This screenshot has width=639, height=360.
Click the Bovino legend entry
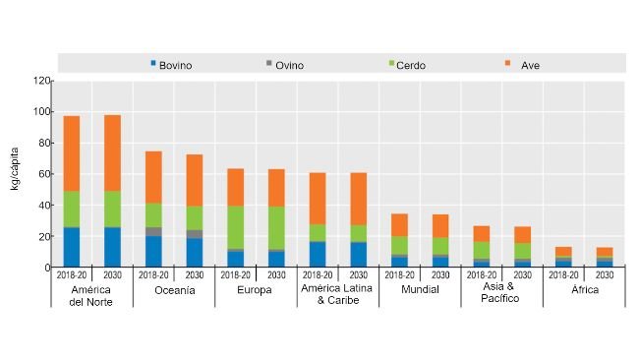[171, 65]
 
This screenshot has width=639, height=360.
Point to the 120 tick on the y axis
[39, 81]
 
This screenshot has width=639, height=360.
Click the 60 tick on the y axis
[42, 174]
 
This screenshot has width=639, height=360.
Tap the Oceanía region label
[174, 291]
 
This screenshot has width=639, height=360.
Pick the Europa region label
[256, 291]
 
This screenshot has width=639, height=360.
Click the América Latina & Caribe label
[337, 296]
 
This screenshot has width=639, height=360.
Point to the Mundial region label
[420, 291]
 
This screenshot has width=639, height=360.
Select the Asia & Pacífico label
[501, 296]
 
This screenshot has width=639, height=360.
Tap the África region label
[583, 291]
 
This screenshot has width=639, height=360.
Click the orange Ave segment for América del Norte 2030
[113, 153]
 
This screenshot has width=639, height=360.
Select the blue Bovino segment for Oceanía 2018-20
[154, 252]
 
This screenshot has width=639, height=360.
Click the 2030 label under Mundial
[439, 275]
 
